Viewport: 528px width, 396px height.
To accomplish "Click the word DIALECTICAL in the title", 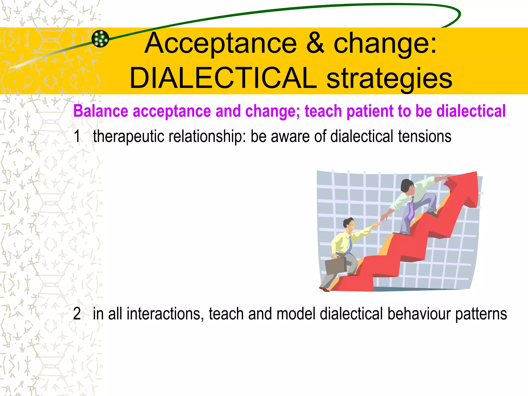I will pos(223,78).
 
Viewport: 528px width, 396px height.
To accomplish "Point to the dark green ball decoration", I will pos(100,39).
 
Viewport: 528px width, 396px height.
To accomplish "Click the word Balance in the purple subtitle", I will pos(101,111).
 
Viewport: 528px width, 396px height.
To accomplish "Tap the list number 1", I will pos(77,136).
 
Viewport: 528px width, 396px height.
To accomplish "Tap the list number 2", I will pos(77,314).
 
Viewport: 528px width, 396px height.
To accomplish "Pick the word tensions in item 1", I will pos(424,136).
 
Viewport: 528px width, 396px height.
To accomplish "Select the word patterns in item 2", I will pos(481,314).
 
